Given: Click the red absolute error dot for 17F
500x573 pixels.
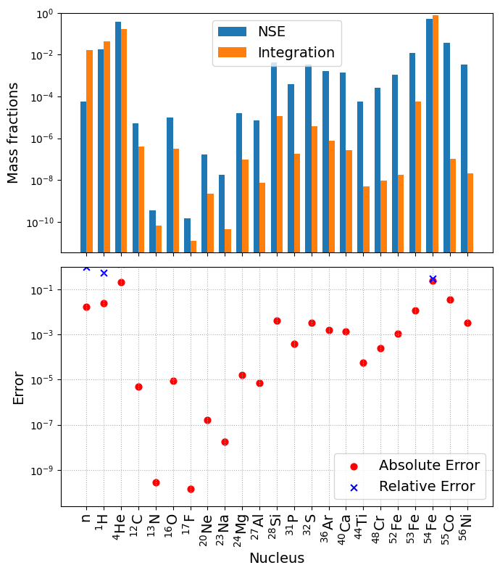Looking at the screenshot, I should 191,489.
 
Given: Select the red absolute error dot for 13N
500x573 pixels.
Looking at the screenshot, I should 156,482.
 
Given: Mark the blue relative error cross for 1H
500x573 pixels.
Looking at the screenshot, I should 104,273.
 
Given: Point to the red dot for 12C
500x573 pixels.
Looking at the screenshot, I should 138,387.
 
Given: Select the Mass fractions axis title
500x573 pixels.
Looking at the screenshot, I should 13,133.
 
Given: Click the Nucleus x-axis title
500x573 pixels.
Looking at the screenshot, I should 277,558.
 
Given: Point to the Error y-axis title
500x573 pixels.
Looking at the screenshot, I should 19,387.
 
